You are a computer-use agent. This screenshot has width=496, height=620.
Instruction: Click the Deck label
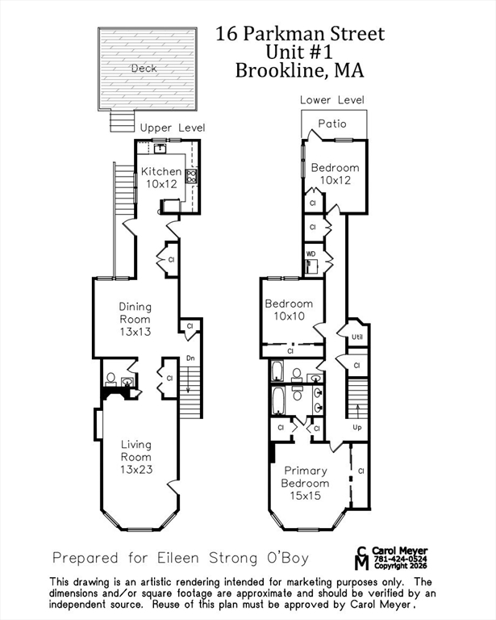pos(144,69)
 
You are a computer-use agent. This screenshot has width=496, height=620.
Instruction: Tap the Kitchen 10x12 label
pos(161,178)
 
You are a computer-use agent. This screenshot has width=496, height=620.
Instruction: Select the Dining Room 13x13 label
pos(135,319)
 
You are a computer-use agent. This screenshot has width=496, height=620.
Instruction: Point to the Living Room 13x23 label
pos(136,456)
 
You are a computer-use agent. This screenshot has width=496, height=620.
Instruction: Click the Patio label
pos(331,124)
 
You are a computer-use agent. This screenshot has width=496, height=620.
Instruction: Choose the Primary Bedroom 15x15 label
pos(306,483)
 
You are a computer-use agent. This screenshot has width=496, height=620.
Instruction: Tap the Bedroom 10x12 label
pos(335,174)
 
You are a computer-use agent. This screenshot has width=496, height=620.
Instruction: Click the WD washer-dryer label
pos(311,253)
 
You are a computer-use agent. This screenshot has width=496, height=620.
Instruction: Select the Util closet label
pos(356,336)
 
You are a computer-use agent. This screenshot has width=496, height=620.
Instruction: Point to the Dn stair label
pos(190,358)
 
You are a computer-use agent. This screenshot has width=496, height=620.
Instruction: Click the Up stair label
pos(356,427)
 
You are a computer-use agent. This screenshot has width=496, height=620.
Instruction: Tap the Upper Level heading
pos(173,128)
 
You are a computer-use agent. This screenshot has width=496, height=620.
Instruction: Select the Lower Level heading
pos(331,100)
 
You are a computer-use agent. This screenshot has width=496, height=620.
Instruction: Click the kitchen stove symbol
pos(192,176)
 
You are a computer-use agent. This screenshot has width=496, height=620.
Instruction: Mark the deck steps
pos(121,122)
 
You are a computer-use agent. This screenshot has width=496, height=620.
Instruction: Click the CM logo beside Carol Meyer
pos(362,558)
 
